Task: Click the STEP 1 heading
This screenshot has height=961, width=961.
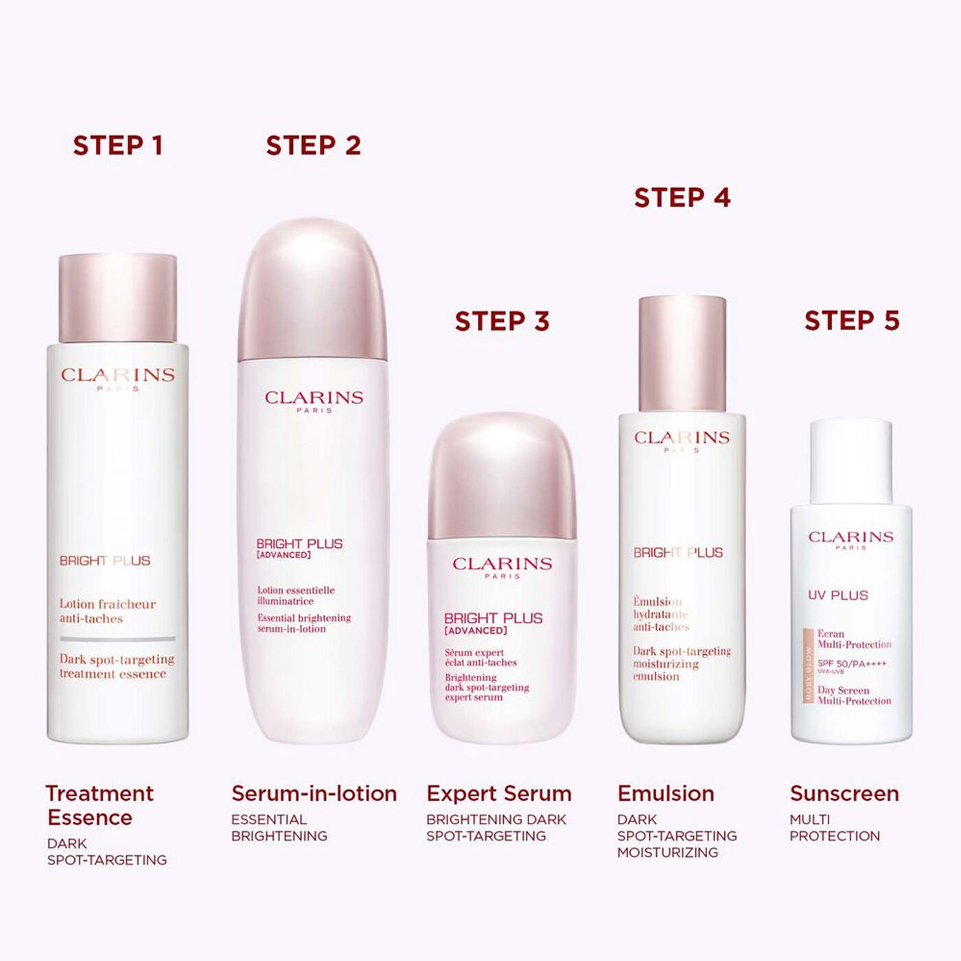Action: click(117, 146)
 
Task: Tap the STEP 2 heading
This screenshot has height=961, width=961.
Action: click(313, 146)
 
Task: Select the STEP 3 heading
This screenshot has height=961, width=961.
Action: click(502, 321)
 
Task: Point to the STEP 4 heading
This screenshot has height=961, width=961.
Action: click(682, 198)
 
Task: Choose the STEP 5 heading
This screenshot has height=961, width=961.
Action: click(852, 321)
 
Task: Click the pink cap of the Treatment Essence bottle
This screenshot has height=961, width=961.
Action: click(117, 298)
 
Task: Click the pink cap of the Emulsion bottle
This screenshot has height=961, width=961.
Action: click(682, 354)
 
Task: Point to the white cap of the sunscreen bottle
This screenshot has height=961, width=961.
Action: click(850, 460)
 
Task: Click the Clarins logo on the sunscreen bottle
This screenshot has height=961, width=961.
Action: click(850, 537)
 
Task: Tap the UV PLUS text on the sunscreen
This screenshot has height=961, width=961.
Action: click(837, 595)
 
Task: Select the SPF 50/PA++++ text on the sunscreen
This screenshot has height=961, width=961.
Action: click(851, 664)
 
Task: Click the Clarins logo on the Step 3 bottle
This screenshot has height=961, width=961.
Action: click(502, 564)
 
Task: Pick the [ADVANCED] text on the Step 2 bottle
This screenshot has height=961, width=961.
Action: click(283, 555)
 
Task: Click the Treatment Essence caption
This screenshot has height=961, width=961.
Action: click(99, 805)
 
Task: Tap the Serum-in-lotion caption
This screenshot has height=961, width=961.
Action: click(314, 794)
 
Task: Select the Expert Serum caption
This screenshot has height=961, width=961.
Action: click(499, 794)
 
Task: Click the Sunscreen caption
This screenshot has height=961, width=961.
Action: click(844, 794)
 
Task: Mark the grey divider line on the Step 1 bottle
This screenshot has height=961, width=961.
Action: click(117, 638)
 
